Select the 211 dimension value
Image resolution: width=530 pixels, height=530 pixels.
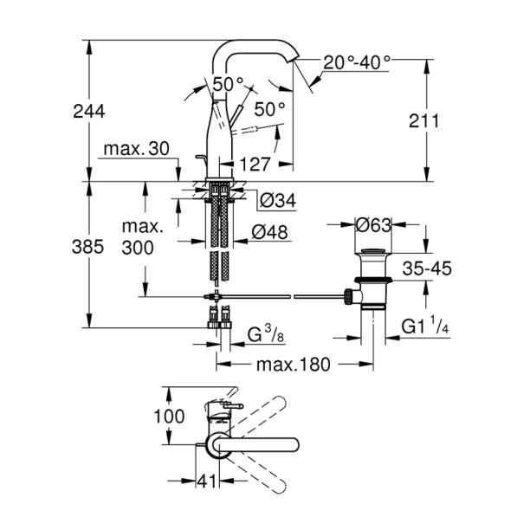423,121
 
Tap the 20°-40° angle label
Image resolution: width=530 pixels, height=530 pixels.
358,62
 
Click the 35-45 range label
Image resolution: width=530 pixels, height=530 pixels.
428,269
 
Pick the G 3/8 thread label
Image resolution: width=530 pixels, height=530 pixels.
266,333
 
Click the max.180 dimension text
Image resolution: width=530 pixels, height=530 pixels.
293,364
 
